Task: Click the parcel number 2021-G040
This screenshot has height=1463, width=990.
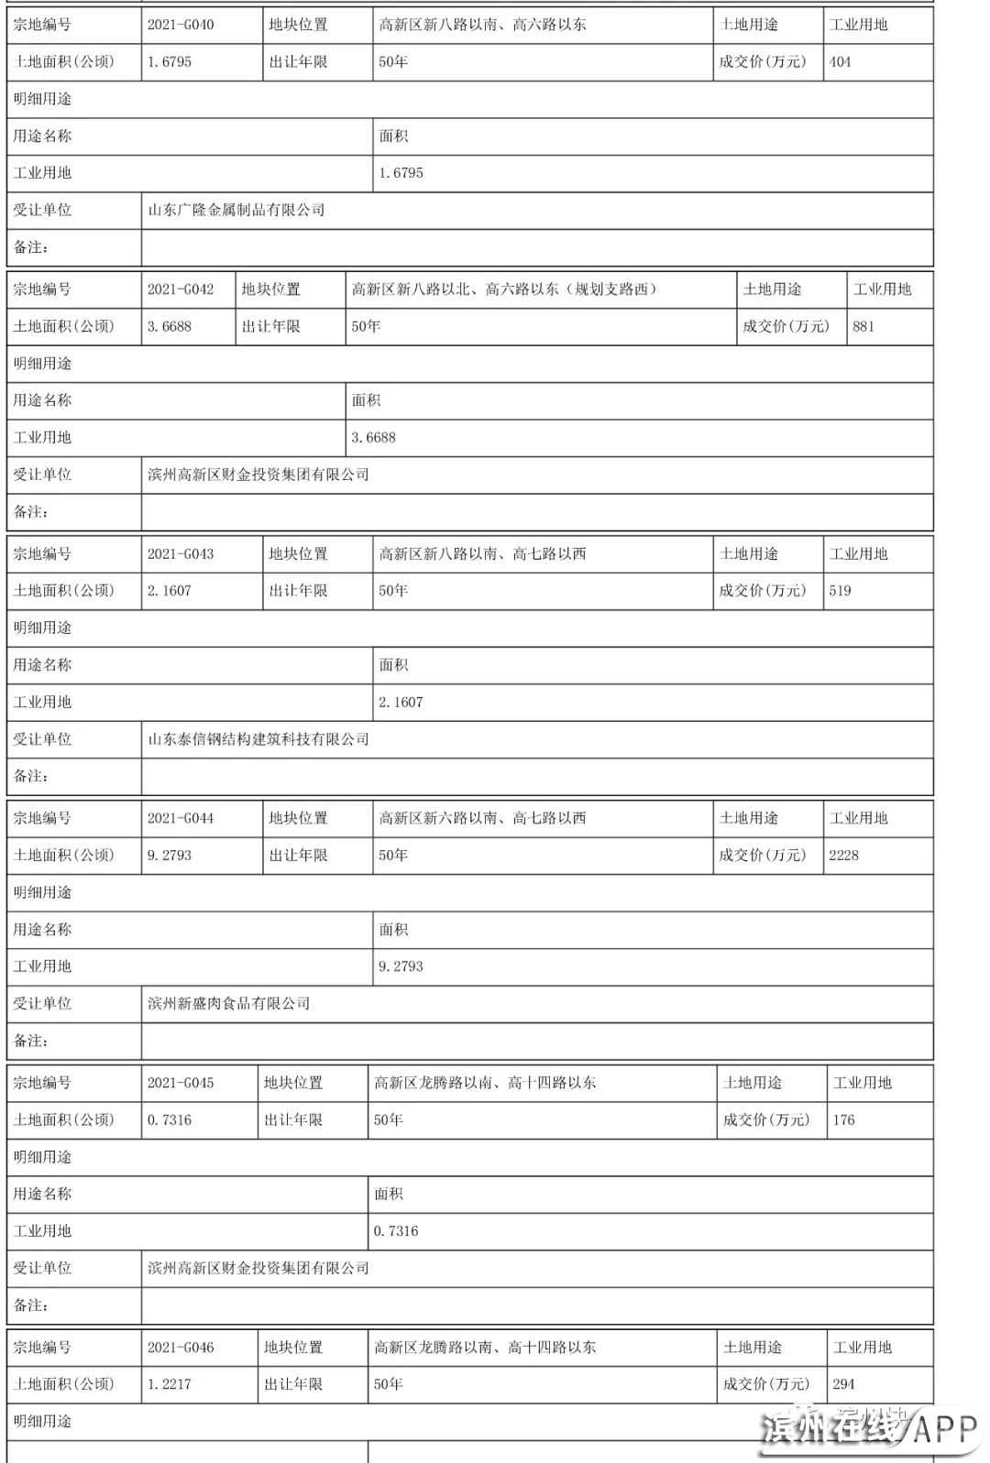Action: (x=181, y=25)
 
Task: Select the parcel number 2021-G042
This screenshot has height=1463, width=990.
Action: (x=181, y=289)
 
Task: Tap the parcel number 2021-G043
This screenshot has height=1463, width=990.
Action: (x=181, y=554)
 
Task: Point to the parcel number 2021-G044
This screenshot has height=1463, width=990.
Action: (x=181, y=818)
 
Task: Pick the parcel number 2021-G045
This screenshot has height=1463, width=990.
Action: (x=181, y=1083)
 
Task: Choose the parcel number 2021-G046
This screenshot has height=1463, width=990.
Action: (x=181, y=1348)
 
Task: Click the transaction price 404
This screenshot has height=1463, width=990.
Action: (x=841, y=62)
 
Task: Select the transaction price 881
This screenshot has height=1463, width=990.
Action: (x=863, y=326)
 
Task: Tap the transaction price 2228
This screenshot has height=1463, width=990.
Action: (x=844, y=856)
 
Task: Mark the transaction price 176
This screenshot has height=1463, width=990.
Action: (x=844, y=1119)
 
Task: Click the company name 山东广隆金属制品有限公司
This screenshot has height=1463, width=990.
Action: (x=236, y=210)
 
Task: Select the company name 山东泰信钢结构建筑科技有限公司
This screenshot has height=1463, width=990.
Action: (x=258, y=739)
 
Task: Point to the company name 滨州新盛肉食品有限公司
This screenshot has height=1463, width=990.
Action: (x=229, y=1003)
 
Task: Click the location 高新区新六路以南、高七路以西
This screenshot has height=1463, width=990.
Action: (x=482, y=818)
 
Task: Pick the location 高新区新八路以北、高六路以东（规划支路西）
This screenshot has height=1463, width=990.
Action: (x=505, y=289)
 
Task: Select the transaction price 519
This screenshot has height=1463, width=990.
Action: (x=841, y=591)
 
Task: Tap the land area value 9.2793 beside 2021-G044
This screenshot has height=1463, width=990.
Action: (x=170, y=856)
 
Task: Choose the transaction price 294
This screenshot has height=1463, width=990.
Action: (x=844, y=1384)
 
